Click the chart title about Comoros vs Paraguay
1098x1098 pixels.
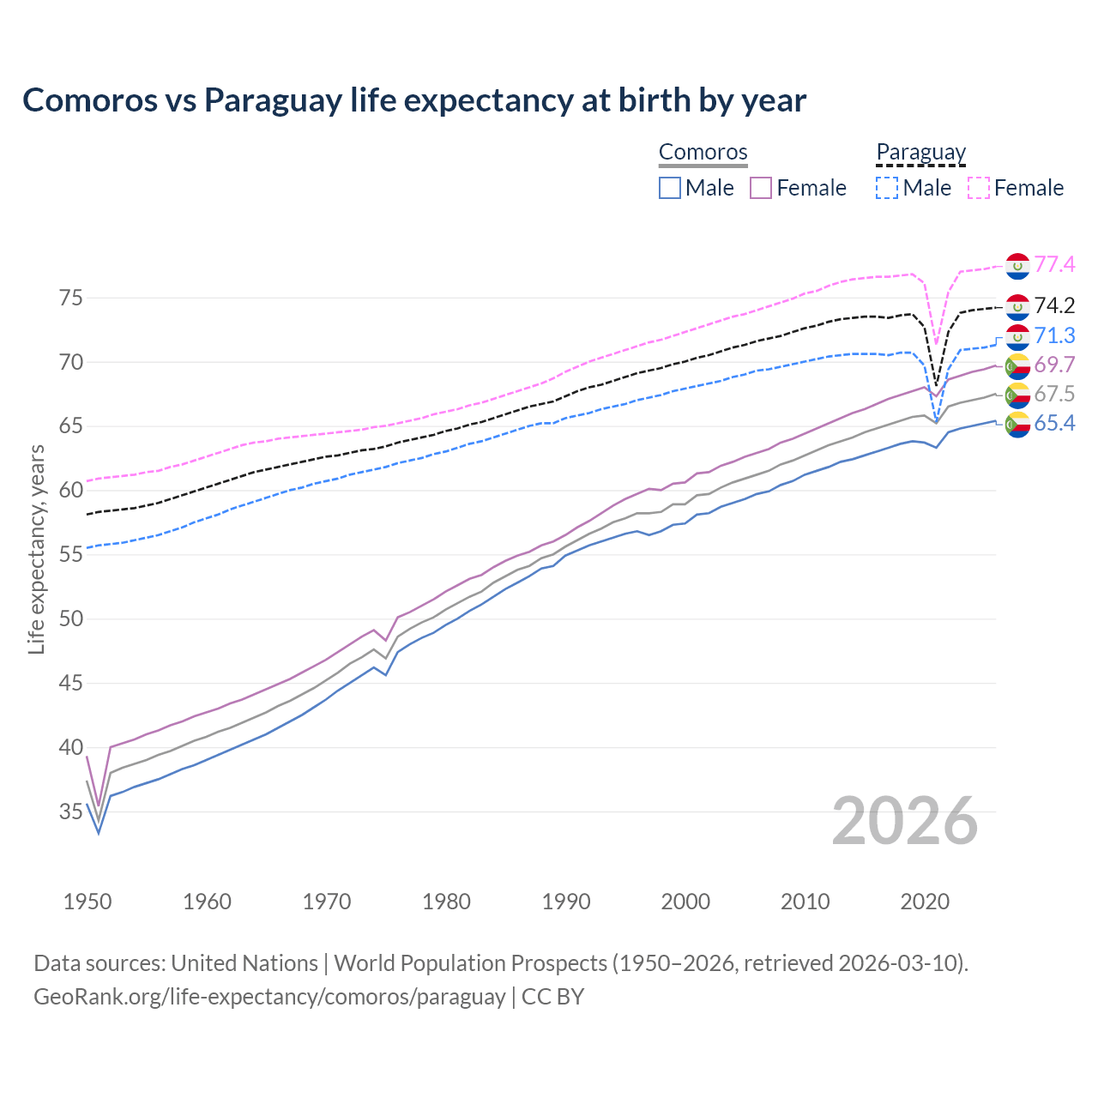(x=414, y=100)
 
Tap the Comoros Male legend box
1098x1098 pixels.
(x=670, y=188)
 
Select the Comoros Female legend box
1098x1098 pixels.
(x=761, y=188)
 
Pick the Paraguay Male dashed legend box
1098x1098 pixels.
(x=887, y=188)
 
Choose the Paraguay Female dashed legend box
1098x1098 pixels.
(x=979, y=188)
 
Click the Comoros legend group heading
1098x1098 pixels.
(x=703, y=152)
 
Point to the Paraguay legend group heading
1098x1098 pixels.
(x=921, y=152)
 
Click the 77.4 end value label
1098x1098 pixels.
(x=1054, y=264)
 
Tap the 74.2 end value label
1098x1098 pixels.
(x=1054, y=305)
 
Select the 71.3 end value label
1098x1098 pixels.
(x=1054, y=335)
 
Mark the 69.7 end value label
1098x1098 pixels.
(x=1054, y=365)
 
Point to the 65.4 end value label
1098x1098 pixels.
(x=1054, y=423)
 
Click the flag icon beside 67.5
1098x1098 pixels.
(x=1017, y=395)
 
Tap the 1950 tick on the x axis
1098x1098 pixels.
(x=87, y=902)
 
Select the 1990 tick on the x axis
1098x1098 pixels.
(x=566, y=902)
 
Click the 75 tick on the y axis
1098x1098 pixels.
(x=71, y=299)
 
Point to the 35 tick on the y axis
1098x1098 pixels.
(x=71, y=811)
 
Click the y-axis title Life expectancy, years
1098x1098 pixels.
(x=36, y=549)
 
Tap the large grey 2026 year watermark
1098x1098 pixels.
(x=905, y=821)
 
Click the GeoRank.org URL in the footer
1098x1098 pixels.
(x=269, y=997)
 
